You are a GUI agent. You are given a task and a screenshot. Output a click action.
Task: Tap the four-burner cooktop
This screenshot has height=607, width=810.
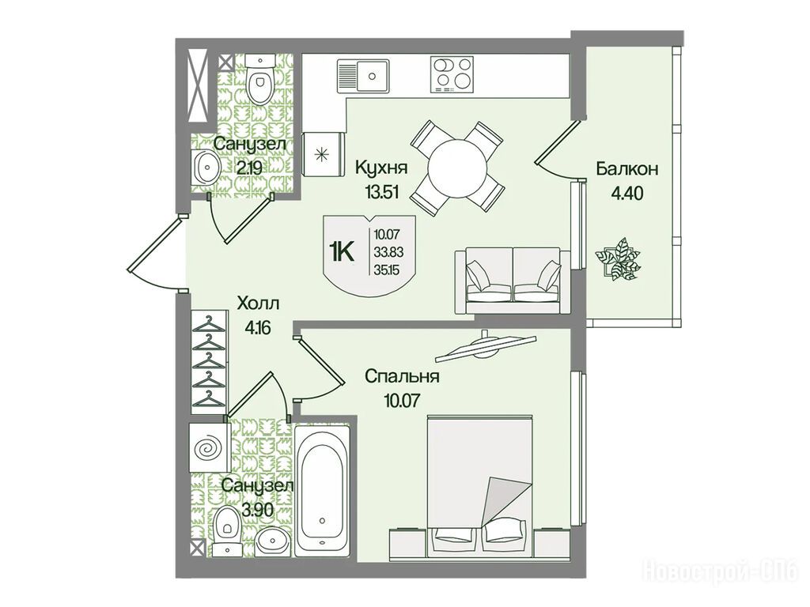point(452,76)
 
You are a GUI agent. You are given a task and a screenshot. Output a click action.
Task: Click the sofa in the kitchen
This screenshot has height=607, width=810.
point(513,281)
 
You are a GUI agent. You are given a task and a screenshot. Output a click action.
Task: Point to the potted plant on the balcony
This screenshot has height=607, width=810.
point(617,258)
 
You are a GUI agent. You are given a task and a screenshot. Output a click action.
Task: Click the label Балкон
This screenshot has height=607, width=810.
point(626,169)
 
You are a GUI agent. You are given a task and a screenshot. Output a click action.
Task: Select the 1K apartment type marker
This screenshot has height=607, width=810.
point(341,253)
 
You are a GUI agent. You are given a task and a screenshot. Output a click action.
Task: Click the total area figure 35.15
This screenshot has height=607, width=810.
point(389,270)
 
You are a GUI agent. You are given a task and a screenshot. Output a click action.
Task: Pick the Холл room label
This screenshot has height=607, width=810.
point(258,303)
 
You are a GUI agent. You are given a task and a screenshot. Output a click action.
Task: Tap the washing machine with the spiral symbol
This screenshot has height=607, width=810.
point(208,447)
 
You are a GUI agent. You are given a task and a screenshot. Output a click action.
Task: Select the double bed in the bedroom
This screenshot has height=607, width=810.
point(479,486)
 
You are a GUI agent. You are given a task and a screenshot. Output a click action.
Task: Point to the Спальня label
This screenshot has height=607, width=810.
point(402,376)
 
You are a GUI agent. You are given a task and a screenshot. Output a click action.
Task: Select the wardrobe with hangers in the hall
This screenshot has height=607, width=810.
point(209,361)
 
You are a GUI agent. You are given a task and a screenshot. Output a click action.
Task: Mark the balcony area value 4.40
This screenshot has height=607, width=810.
point(626,194)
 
